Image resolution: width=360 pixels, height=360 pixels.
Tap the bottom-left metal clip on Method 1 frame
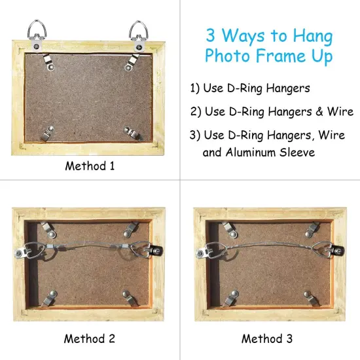point(50,134)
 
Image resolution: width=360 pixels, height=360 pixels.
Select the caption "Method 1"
point(90,166)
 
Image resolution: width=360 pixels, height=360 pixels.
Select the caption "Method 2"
point(90,338)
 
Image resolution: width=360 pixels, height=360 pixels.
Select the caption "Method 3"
point(269,338)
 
